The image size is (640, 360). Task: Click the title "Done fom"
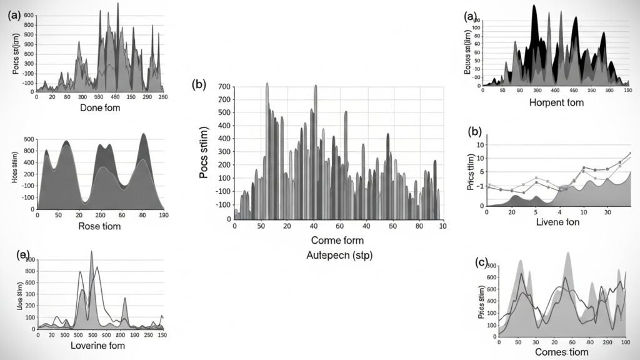(101, 108)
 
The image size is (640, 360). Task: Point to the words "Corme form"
(337, 240)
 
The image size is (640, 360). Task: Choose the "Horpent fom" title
(556, 102)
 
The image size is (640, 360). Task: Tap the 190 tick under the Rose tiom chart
(163, 215)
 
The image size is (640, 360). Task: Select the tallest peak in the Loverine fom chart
(92, 252)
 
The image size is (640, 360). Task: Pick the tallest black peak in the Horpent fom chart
(534, 6)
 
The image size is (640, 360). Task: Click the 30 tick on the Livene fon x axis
(607, 212)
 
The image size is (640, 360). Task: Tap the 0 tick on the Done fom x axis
(37, 97)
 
